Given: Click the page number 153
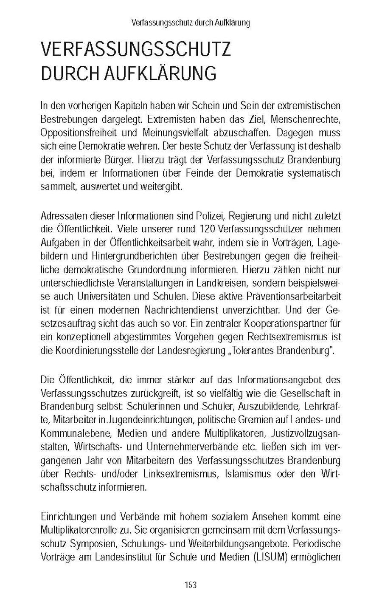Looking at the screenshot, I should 191,585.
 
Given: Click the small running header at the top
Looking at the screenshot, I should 191,23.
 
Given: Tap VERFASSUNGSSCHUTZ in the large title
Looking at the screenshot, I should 135,50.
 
